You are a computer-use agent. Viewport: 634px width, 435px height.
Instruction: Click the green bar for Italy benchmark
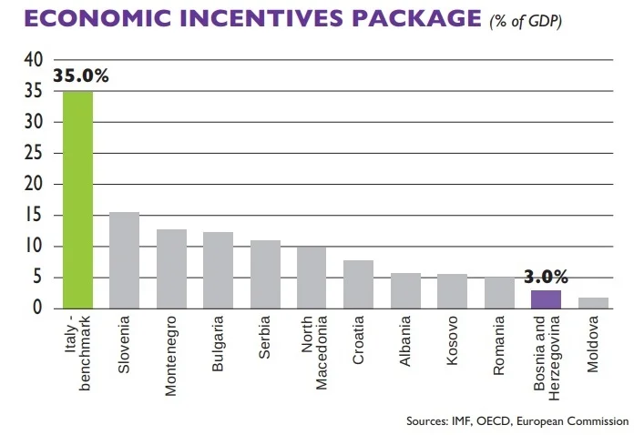pyautogui.click(x=77, y=199)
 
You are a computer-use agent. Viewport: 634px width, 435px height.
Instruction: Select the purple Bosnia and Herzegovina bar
pyautogui.click(x=546, y=299)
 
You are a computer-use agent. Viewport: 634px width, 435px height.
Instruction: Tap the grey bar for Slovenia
pyautogui.click(x=124, y=260)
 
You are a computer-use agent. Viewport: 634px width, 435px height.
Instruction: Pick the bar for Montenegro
pyautogui.click(x=171, y=268)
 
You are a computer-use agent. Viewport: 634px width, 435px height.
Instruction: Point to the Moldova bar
pyautogui.click(x=593, y=303)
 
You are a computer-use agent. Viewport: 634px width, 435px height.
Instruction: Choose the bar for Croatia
pyautogui.click(x=358, y=284)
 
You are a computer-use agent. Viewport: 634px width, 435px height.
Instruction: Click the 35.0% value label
pyautogui.click(x=81, y=76)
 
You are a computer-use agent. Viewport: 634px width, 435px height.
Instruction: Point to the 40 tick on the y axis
pyautogui.click(x=34, y=59)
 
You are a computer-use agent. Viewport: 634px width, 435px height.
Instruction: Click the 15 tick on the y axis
pyautogui.click(x=34, y=215)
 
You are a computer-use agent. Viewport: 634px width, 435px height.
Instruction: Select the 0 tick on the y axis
pyautogui.click(x=38, y=309)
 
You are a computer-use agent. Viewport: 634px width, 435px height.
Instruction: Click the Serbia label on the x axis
pyautogui.click(x=264, y=338)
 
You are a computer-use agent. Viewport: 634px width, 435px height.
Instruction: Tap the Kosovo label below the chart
pyautogui.click(x=452, y=339)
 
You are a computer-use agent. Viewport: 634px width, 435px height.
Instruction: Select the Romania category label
pyautogui.click(x=499, y=342)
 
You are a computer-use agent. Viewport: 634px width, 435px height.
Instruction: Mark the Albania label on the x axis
pyautogui.click(x=405, y=339)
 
